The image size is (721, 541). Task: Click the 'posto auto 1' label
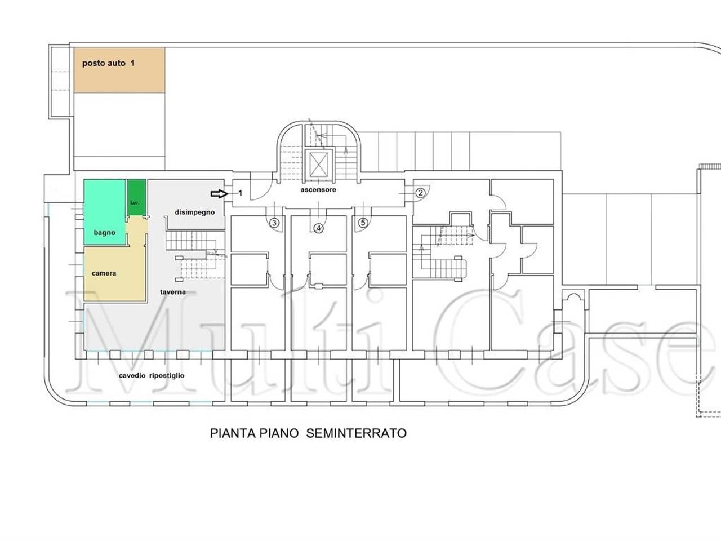click(108, 63)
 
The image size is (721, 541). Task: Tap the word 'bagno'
click(104, 233)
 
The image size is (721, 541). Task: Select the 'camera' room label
click(104, 273)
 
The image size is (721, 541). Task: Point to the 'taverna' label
click(173, 292)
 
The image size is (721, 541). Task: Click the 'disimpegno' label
click(195, 212)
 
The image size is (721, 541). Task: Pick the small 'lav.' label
click(135, 203)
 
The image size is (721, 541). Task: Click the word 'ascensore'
click(318, 189)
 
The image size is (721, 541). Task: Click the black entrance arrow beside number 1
click(219, 194)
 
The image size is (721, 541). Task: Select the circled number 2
click(420, 193)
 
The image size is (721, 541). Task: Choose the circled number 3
click(274, 223)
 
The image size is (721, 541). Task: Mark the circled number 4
click(318, 228)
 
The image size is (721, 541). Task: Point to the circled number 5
click(363, 223)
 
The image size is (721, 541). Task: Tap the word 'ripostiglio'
click(167, 376)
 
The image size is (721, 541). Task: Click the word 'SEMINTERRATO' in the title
click(357, 433)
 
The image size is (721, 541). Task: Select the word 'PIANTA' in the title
click(233, 433)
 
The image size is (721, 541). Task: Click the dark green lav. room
click(137, 197)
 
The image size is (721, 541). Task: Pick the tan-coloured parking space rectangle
click(119, 70)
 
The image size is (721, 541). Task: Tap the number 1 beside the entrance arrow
click(240, 193)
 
